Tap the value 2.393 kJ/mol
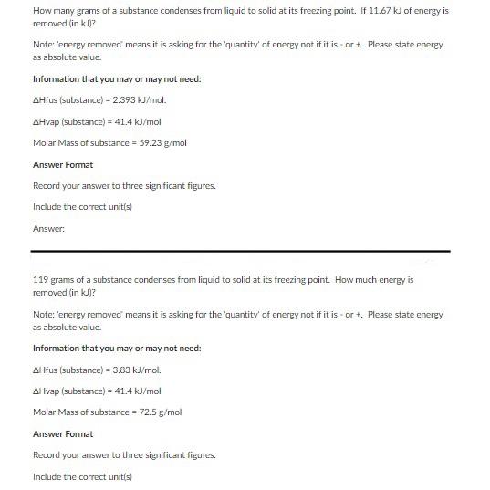click(139, 100)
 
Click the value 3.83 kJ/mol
click(137, 370)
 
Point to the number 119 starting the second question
click(40, 280)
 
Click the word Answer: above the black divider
click(47, 228)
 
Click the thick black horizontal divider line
click(241, 251)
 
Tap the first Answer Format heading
click(63, 164)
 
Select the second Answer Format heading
click(63, 433)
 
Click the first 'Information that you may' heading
click(117, 79)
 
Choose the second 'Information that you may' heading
click(117, 349)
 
